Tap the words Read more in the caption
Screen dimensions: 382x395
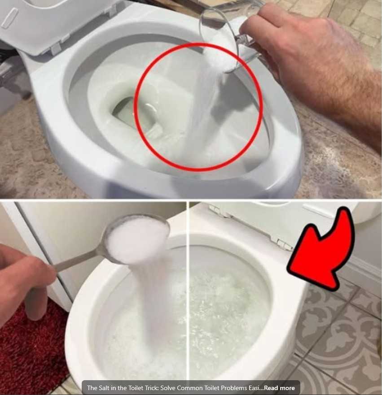[279, 388]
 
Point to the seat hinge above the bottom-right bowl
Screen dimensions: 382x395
[284, 243]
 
